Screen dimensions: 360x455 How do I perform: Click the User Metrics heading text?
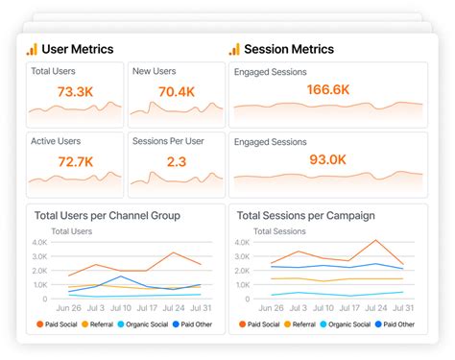tap(78, 49)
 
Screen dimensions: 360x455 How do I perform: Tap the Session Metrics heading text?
tap(289, 49)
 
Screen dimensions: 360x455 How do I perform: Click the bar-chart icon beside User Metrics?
tap(32, 49)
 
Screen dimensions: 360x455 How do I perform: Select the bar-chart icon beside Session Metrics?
tap(233, 49)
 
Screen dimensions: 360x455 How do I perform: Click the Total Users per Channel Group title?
tap(107, 216)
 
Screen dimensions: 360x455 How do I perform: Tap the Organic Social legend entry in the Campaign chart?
tap(346, 324)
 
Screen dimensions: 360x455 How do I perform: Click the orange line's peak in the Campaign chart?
tap(375, 241)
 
